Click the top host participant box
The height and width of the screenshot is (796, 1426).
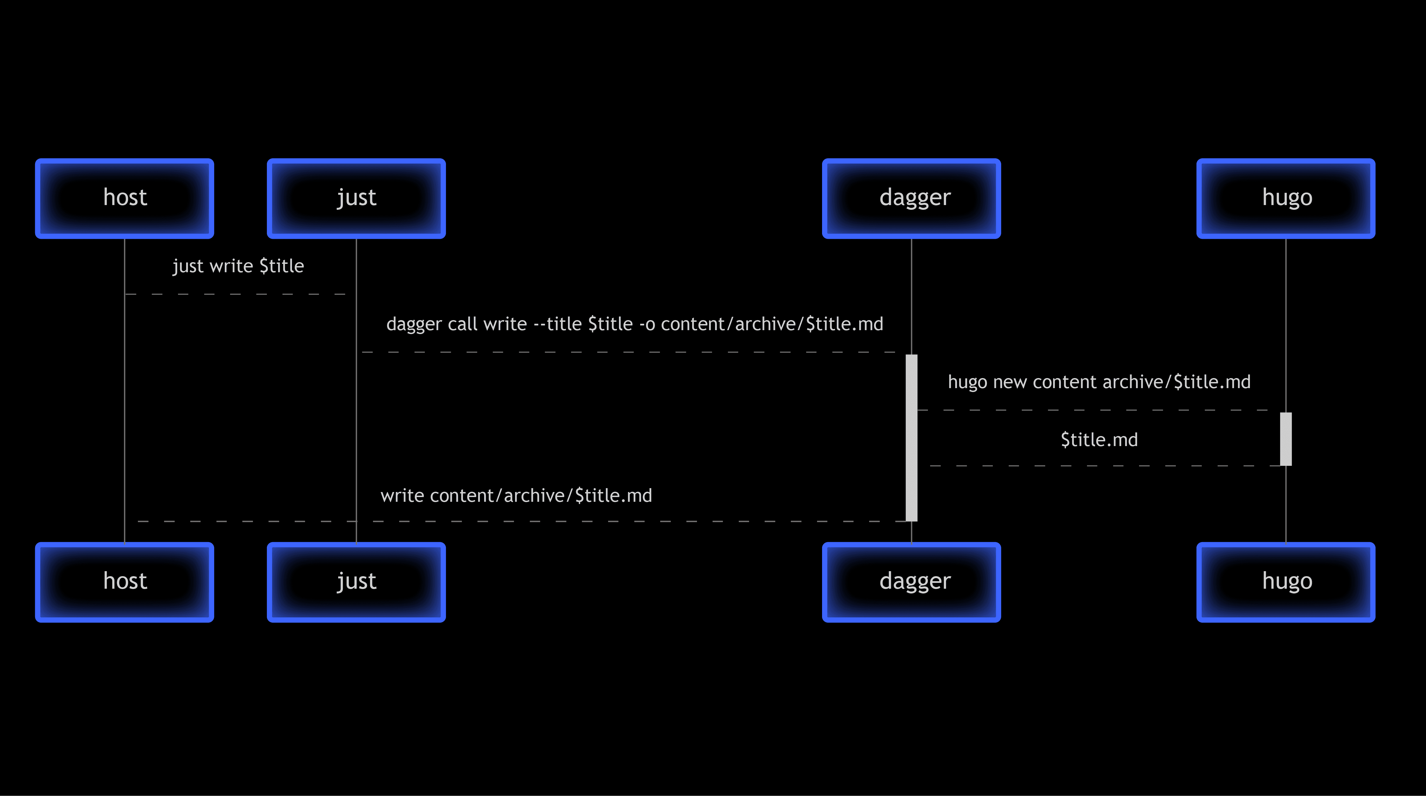[x=125, y=198]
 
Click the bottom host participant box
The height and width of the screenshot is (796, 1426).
[x=125, y=582]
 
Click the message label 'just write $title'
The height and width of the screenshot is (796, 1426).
[x=238, y=266]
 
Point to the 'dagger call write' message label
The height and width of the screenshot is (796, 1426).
[x=634, y=324]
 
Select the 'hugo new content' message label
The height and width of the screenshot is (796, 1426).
[x=1099, y=382]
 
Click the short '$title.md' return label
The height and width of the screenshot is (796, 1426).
[x=1099, y=440]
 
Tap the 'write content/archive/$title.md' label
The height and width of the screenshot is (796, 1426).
[x=516, y=495]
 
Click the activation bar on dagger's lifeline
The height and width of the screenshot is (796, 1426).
[x=911, y=437]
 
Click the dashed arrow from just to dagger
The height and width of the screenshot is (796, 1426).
[x=631, y=352]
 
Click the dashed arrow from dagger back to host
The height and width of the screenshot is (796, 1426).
[x=520, y=522]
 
